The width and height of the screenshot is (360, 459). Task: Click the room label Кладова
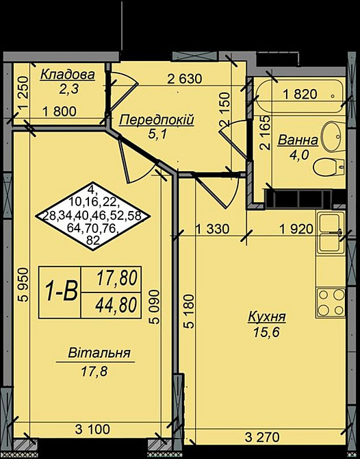pyautogui.click(x=68, y=75)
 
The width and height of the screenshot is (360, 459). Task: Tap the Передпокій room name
pyautogui.click(x=157, y=120)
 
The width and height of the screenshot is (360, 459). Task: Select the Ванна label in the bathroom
pyautogui.click(x=298, y=140)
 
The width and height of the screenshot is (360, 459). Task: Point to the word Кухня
pyautogui.click(x=267, y=317)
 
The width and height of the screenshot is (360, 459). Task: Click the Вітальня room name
pyautogui.click(x=99, y=353)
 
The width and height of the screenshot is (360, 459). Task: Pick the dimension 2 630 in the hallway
pyautogui.click(x=185, y=79)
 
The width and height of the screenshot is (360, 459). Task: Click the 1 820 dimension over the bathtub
pyautogui.click(x=300, y=95)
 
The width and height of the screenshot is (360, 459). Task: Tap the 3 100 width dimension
pyautogui.click(x=92, y=430)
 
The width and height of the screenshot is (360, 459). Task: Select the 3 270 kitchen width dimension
pyautogui.click(x=262, y=438)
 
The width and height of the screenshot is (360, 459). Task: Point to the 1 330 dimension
pyautogui.click(x=211, y=229)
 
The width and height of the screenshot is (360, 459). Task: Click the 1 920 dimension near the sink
pyautogui.click(x=296, y=229)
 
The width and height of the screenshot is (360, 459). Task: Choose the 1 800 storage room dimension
pyautogui.click(x=60, y=112)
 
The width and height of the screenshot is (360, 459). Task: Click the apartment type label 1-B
pyautogui.click(x=61, y=292)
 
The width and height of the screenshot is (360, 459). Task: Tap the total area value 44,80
pyautogui.click(x=116, y=306)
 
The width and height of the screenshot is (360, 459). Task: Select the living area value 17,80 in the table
pyautogui.click(x=117, y=278)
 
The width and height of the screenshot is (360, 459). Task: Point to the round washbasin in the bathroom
pyautogui.click(x=333, y=136)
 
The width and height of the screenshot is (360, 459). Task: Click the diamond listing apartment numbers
pyautogui.click(x=92, y=216)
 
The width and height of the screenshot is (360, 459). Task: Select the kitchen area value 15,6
pyautogui.click(x=266, y=332)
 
